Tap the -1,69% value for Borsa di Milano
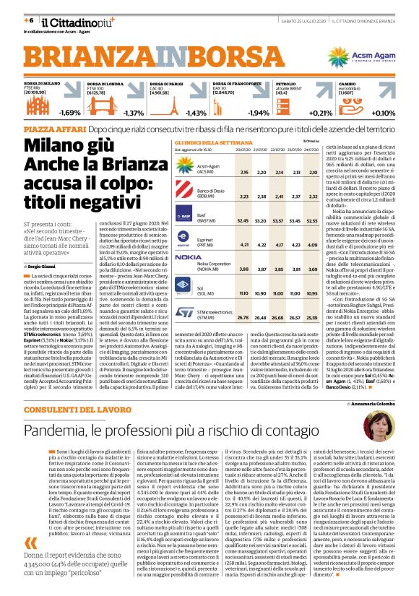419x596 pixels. (70, 113)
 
